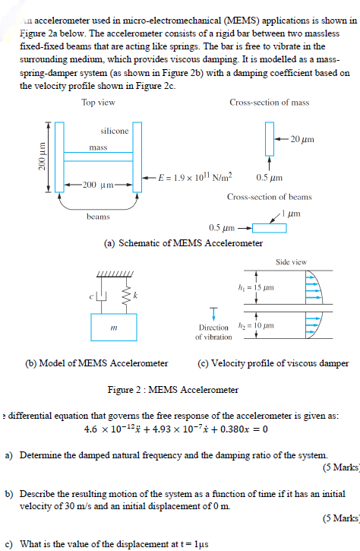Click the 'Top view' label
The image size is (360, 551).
(98, 103)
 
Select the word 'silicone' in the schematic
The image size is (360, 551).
(114, 131)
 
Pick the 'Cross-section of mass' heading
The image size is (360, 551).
(269, 103)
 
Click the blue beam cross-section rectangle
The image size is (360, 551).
(264, 227)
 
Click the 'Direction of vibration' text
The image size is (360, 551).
(213, 332)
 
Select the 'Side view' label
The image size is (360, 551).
(292, 262)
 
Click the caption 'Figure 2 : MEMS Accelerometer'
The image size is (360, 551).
(173, 390)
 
